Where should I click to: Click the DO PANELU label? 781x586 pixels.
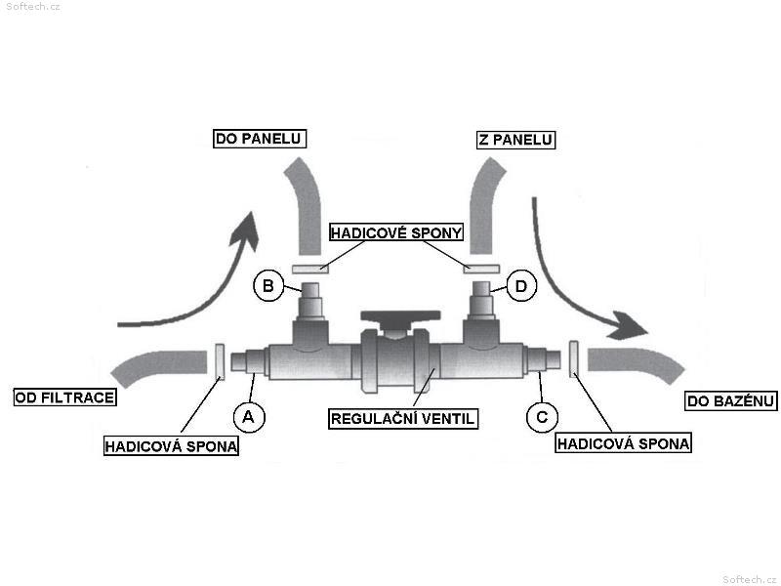click(260, 138)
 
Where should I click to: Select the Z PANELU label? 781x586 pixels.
click(515, 139)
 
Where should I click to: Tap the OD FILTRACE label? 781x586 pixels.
click(64, 398)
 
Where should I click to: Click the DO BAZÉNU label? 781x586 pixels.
click(730, 400)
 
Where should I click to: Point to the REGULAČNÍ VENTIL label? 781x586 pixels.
click(403, 418)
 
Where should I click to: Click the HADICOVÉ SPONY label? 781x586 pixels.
click(396, 232)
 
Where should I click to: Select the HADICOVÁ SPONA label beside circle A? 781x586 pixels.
click(171, 445)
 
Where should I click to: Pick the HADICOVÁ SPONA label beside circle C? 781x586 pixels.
click(623, 443)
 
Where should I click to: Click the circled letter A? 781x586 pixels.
click(249, 417)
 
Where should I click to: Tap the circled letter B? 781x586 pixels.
click(268, 286)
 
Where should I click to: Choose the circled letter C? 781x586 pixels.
click(542, 417)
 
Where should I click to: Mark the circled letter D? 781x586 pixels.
click(521, 286)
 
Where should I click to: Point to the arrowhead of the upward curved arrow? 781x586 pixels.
click(246, 230)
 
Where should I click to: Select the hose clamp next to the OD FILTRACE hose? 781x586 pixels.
click(219, 361)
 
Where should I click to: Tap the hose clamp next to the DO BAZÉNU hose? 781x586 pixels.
click(574, 359)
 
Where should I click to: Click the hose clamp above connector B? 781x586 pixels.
click(310, 270)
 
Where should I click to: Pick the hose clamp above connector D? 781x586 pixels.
click(481, 269)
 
